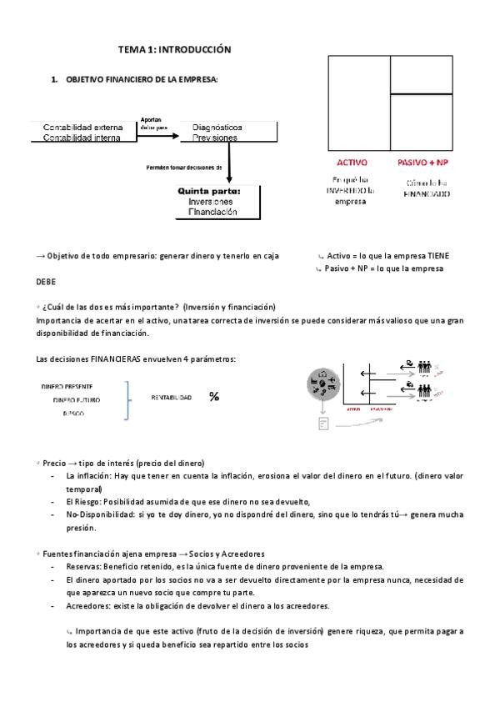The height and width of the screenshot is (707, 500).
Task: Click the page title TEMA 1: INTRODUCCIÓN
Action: point(173,51)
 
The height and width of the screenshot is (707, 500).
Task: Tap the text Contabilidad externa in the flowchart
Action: point(83,127)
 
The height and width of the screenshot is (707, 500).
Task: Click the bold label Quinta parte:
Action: point(208,191)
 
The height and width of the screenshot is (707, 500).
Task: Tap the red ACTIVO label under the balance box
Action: point(351,163)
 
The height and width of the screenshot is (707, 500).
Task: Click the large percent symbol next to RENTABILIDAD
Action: point(214,397)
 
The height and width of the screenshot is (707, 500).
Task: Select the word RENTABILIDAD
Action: point(172,398)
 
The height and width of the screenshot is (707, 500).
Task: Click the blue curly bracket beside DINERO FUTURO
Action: point(128,399)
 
